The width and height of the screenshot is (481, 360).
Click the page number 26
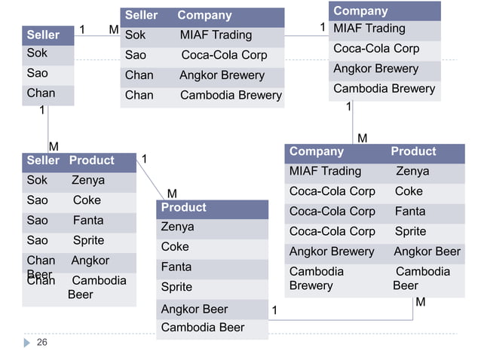tap(41, 343)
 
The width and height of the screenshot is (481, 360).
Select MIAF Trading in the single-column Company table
tap(369, 29)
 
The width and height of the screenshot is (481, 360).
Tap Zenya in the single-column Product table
tap(177, 227)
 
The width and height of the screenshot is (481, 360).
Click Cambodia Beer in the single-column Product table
tap(203, 328)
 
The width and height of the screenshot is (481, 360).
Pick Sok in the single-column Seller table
tap(37, 53)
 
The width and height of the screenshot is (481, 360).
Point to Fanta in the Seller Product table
tap(88, 221)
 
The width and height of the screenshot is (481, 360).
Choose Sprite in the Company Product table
tap(410, 231)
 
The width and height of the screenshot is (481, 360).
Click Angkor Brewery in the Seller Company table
tap(222, 75)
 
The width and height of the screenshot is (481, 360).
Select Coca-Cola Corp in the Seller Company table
tap(224, 55)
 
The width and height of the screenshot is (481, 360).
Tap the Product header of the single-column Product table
tap(183, 207)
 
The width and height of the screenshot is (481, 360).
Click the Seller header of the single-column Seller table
tap(43, 35)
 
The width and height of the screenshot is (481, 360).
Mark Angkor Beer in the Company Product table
tap(427, 252)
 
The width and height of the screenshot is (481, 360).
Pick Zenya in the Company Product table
tap(412, 171)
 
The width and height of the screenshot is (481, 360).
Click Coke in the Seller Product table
tap(87, 200)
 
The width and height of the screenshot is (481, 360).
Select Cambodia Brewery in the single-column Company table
tap(384, 89)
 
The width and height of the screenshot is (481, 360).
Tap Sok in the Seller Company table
tap(135, 35)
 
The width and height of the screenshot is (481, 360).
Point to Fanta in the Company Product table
tap(410, 212)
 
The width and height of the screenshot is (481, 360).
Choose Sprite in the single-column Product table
tap(176, 287)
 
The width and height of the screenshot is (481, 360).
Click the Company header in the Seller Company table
tap(204, 15)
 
